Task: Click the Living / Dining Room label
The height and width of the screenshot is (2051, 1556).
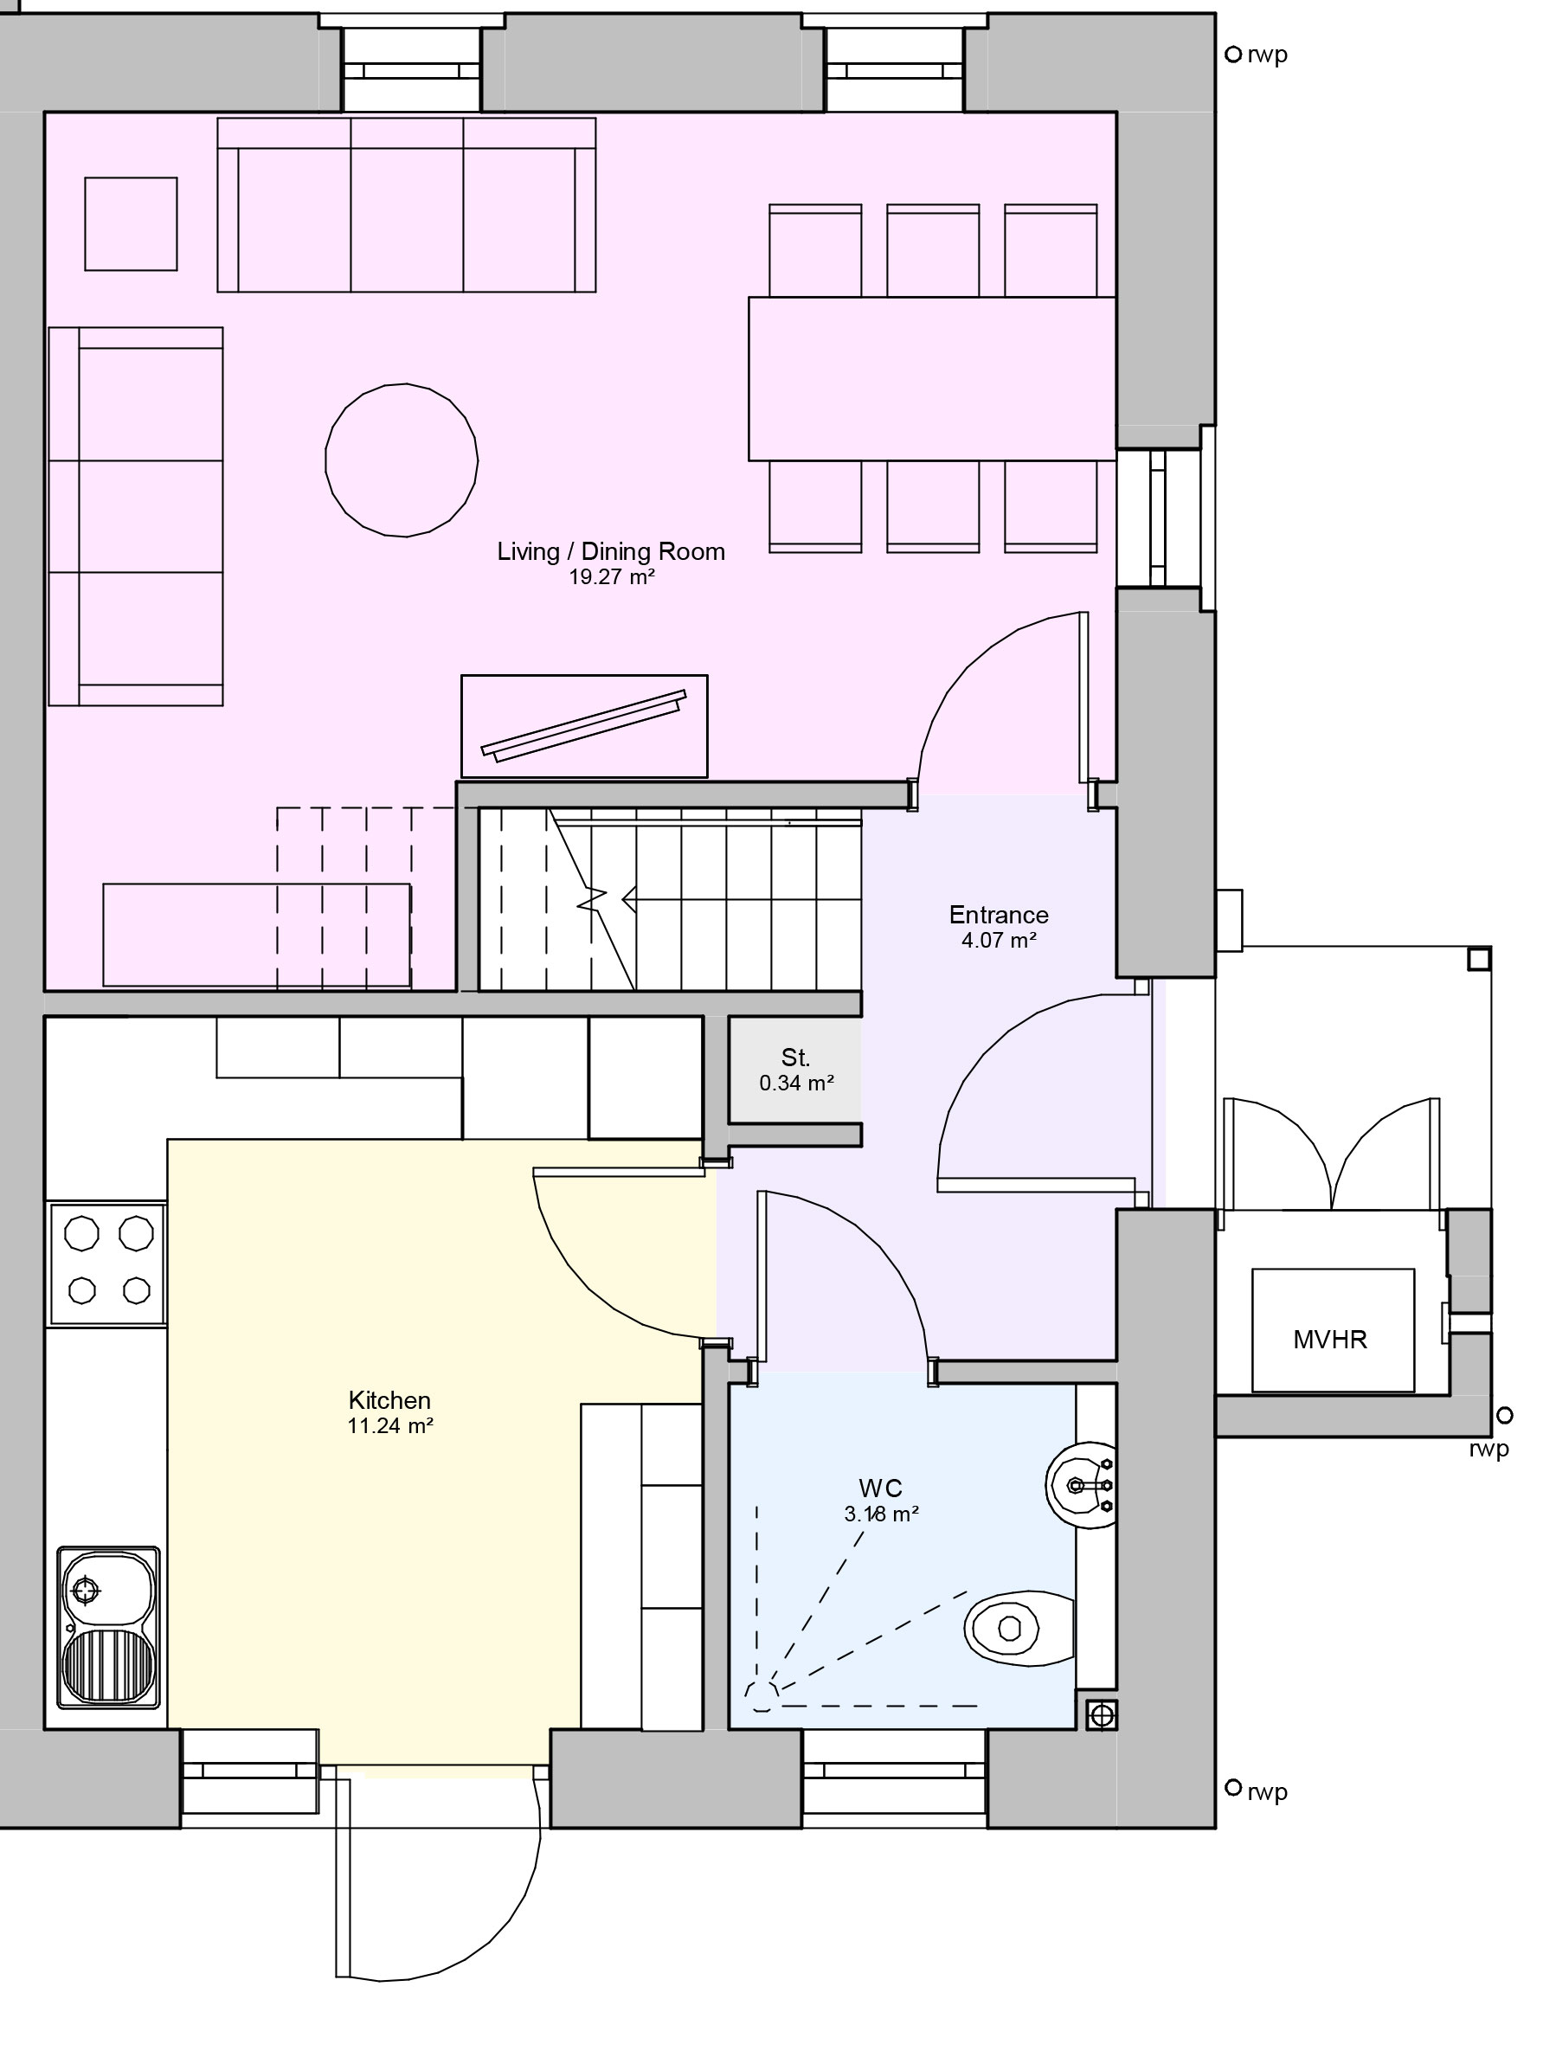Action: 610,552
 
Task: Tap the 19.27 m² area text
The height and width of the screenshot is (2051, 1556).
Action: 611,578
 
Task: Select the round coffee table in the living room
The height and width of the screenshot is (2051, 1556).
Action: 402,460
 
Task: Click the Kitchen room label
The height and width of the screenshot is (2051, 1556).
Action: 389,1400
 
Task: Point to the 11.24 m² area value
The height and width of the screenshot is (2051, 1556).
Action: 390,1426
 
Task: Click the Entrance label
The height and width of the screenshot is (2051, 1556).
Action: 999,916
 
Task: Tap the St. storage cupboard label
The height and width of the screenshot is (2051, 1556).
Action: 795,1057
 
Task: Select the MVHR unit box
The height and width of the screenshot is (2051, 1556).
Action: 1333,1331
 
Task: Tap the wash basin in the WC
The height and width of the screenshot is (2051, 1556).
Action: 1081,1485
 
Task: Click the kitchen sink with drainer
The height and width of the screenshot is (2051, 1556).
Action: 108,1627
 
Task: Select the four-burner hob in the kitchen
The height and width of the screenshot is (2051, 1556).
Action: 108,1263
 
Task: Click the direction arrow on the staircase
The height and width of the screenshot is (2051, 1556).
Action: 628,899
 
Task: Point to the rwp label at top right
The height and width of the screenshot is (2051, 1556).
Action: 1267,55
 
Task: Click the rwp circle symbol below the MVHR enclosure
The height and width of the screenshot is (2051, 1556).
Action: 1505,1416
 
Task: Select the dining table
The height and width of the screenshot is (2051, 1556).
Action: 931,378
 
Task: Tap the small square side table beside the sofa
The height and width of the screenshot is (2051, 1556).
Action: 131,224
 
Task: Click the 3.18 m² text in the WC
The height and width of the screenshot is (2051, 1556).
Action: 881,1514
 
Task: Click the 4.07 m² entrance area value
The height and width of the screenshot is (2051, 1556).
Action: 999,940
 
